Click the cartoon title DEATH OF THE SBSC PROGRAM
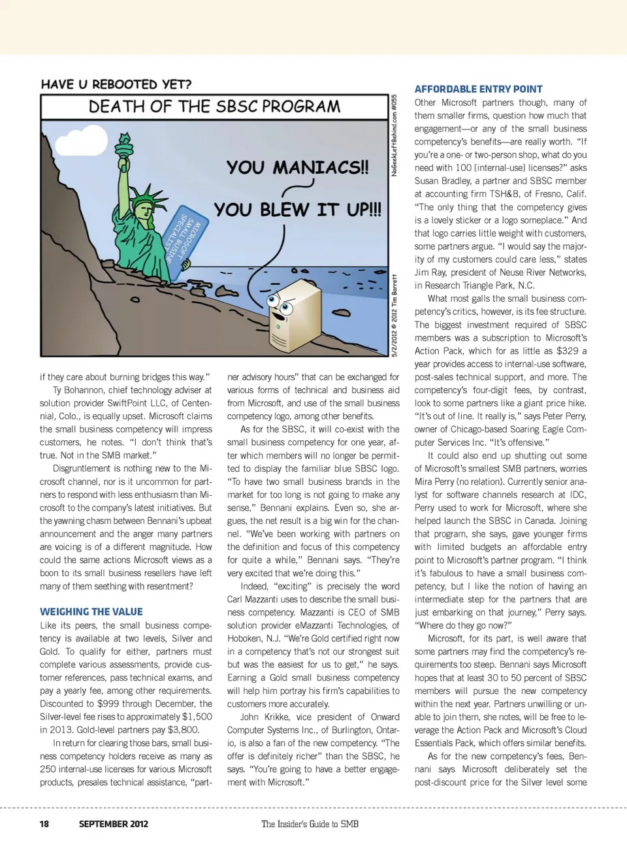pos(214,106)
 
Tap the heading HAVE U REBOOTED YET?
pos(116,84)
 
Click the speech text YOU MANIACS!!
pos(297,167)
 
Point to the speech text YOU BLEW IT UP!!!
pos(297,210)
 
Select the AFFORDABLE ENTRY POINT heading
pos(478,89)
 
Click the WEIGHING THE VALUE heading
pos(91,612)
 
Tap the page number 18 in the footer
pos(44,824)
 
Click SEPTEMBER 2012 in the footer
pos(113,824)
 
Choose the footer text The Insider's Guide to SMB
pos(310,824)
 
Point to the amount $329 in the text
pos(568,351)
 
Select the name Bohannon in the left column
pos(84,390)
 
